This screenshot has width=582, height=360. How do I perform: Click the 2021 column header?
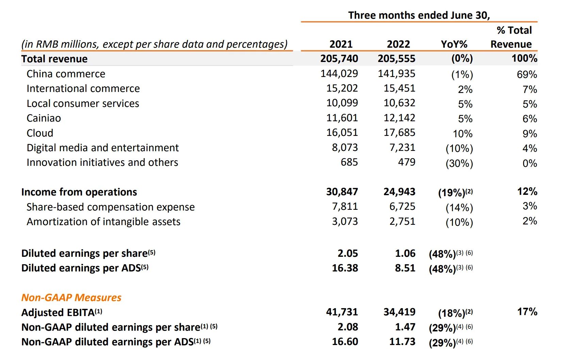(x=341, y=44)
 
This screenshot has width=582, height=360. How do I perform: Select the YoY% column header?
(x=454, y=44)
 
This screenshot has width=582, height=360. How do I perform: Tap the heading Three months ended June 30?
(x=419, y=15)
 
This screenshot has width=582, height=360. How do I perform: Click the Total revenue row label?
(x=54, y=59)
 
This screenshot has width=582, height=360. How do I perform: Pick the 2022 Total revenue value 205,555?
(x=397, y=59)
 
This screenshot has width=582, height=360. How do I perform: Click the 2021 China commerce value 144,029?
(x=339, y=74)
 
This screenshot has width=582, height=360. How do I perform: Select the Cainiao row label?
(x=44, y=118)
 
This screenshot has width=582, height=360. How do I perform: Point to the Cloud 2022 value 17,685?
(x=399, y=132)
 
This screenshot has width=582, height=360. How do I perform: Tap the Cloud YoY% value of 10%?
(x=463, y=134)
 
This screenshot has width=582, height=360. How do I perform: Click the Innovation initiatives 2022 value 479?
(x=407, y=162)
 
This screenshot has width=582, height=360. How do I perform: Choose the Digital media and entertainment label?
(x=102, y=148)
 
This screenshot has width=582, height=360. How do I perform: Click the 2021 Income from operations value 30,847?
(x=342, y=192)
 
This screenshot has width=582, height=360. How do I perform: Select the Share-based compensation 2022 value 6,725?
(x=402, y=206)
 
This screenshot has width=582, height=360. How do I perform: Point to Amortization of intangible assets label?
(x=103, y=222)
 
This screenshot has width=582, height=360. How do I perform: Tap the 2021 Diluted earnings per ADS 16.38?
(x=345, y=268)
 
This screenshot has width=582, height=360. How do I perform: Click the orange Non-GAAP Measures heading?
(x=71, y=298)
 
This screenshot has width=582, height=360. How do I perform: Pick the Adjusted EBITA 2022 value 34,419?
(x=399, y=312)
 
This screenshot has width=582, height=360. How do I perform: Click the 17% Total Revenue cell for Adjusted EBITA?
(x=527, y=312)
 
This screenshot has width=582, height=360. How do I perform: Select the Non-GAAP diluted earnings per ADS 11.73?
(x=402, y=342)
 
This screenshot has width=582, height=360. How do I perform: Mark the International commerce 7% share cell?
(x=530, y=89)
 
